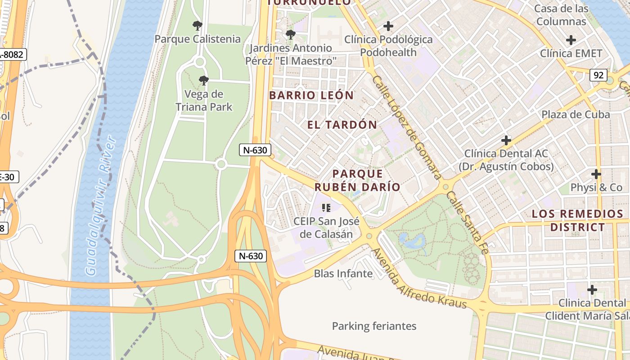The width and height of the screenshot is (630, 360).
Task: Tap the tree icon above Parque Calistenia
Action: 197,26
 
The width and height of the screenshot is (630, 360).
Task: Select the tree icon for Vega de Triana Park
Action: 204,81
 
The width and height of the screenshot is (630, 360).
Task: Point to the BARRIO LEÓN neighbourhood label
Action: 311,95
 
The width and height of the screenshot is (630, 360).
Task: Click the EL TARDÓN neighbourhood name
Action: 342,125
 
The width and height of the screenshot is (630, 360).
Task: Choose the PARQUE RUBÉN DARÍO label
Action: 357,180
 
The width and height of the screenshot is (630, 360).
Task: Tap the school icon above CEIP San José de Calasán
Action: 326,207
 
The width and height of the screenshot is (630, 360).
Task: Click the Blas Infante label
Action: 343,274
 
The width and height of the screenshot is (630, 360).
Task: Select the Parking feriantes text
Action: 374,326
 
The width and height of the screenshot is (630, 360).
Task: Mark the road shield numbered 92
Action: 598,75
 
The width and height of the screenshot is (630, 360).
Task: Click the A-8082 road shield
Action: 13,55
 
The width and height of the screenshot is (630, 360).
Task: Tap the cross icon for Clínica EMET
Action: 571,40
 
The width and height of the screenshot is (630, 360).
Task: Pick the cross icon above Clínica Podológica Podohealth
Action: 388,26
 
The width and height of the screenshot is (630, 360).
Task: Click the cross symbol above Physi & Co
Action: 596,174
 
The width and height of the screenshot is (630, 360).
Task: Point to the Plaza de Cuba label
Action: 575,114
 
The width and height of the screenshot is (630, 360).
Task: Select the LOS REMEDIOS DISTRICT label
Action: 577,220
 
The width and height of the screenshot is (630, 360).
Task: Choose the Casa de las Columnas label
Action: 561,15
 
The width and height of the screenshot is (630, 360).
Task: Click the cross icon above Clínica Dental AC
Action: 506,140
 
